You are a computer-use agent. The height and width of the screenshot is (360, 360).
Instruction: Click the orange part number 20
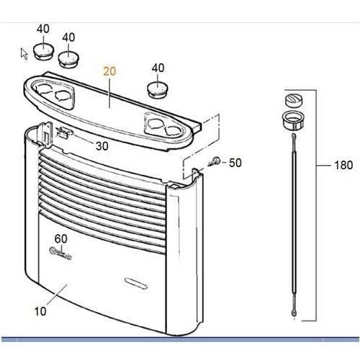pos(109,71)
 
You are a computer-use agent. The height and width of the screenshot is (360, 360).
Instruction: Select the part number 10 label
pos(40,311)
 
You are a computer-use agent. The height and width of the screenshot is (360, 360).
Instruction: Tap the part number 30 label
pos(102,146)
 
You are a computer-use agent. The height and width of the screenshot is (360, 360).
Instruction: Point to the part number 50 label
pos(235,163)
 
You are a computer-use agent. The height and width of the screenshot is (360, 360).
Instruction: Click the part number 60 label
pos(60,238)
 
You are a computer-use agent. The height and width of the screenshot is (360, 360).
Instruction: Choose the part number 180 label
pos(343,165)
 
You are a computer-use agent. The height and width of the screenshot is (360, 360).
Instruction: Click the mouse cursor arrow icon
pos(24,54)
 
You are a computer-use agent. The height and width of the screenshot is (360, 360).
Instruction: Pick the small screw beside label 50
pos(215,161)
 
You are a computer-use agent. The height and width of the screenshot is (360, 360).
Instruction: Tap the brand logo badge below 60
pos(60,253)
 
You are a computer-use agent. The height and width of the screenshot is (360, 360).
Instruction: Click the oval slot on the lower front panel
pos(136,283)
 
